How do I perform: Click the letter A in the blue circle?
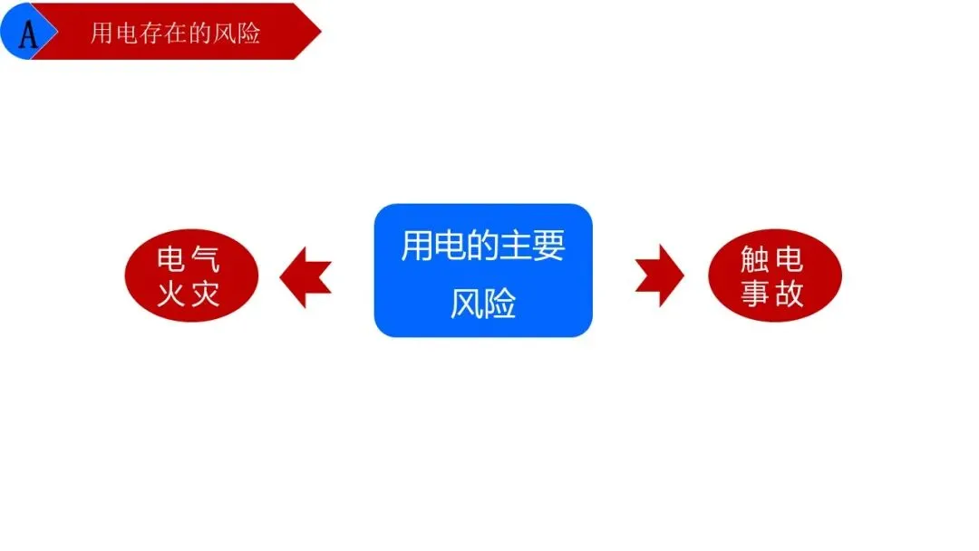pyautogui.click(x=28, y=34)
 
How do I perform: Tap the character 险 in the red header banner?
pyautogui.click(x=247, y=34)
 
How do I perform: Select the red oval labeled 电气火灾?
pyautogui.click(x=191, y=275)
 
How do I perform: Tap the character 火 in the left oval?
pyautogui.click(x=173, y=293)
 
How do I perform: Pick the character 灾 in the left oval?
pyautogui.click(x=208, y=293)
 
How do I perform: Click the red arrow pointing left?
pyautogui.click(x=305, y=276)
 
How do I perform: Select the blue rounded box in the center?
pyautogui.click(x=483, y=270)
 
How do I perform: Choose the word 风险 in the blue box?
pyautogui.click(x=483, y=304)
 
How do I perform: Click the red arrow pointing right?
pyautogui.click(x=660, y=275)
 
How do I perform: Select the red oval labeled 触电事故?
pyautogui.click(x=775, y=275)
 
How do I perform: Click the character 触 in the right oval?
pyautogui.click(x=757, y=260)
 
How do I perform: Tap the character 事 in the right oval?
pyautogui.click(x=757, y=293)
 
